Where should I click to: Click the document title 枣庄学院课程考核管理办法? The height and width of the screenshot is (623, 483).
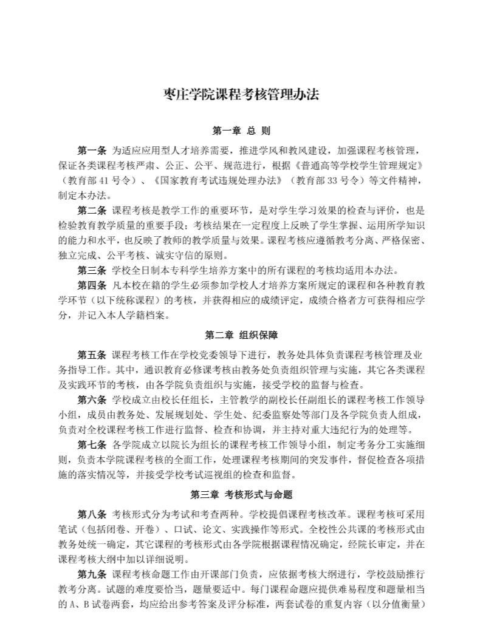click(x=241, y=95)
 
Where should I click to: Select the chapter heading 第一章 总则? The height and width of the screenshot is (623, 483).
click(x=241, y=131)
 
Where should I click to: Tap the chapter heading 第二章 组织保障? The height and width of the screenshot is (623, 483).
click(x=241, y=335)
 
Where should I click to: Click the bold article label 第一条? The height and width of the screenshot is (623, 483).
click(x=92, y=150)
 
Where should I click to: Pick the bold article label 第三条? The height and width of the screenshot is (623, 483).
click(x=92, y=270)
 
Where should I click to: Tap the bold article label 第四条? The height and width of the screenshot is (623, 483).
click(x=92, y=285)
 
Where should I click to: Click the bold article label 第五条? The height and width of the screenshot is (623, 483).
click(x=92, y=355)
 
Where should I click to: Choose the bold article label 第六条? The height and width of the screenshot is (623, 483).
click(x=92, y=400)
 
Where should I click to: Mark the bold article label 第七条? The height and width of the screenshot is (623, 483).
click(x=92, y=444)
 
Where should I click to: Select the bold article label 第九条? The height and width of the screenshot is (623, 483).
click(x=92, y=574)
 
